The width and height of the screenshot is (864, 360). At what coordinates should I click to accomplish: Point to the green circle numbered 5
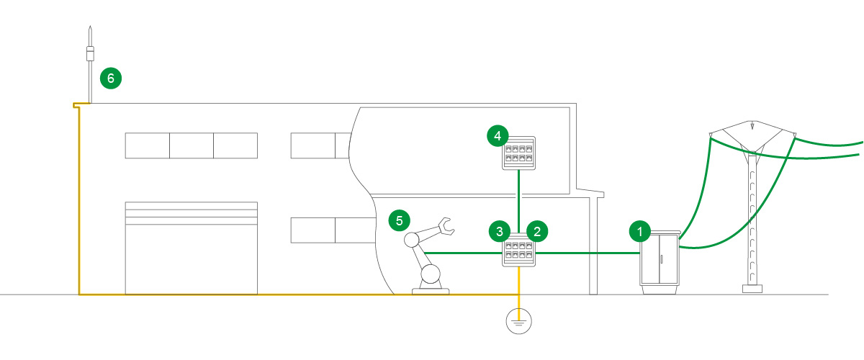point(399,220)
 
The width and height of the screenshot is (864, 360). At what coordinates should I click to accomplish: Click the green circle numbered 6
point(111,78)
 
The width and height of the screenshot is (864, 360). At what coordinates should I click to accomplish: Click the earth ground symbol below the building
point(518,321)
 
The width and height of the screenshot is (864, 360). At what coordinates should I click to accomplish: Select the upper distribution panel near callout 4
point(519,153)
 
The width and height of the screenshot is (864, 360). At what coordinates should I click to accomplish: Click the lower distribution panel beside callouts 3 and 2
point(519,253)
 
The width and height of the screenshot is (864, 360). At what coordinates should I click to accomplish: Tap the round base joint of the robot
point(431,274)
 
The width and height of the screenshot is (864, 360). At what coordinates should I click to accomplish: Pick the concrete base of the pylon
point(752,289)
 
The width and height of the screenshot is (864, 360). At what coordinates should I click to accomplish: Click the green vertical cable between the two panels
point(519,202)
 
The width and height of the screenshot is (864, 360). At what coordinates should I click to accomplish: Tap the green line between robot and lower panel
point(461,253)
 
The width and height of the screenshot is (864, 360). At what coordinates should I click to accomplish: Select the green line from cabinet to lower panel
point(587,253)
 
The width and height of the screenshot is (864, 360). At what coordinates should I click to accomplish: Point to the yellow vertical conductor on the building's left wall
point(78,202)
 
